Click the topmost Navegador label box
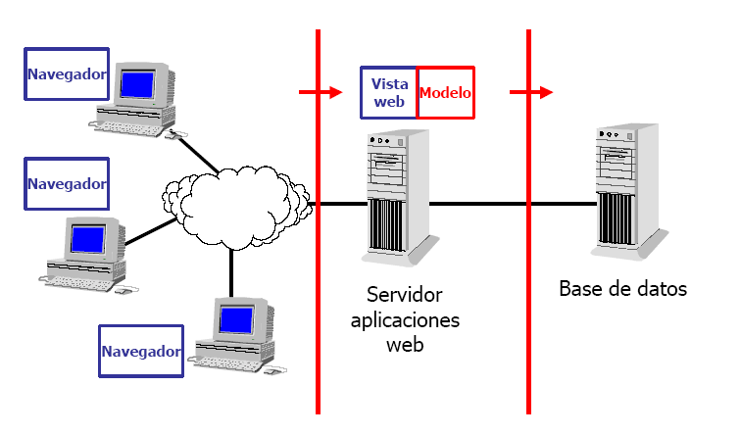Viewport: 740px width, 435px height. pos(66,74)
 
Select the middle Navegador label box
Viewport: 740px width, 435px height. pos(66,184)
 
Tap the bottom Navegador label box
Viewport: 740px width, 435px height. pos(142,352)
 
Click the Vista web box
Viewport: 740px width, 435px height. pos(389,93)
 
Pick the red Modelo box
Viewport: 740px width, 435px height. pos(446,93)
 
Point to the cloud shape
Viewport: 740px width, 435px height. pos(235,205)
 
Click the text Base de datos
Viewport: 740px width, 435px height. pos(622,289)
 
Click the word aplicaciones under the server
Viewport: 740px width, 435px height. pos(404,320)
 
